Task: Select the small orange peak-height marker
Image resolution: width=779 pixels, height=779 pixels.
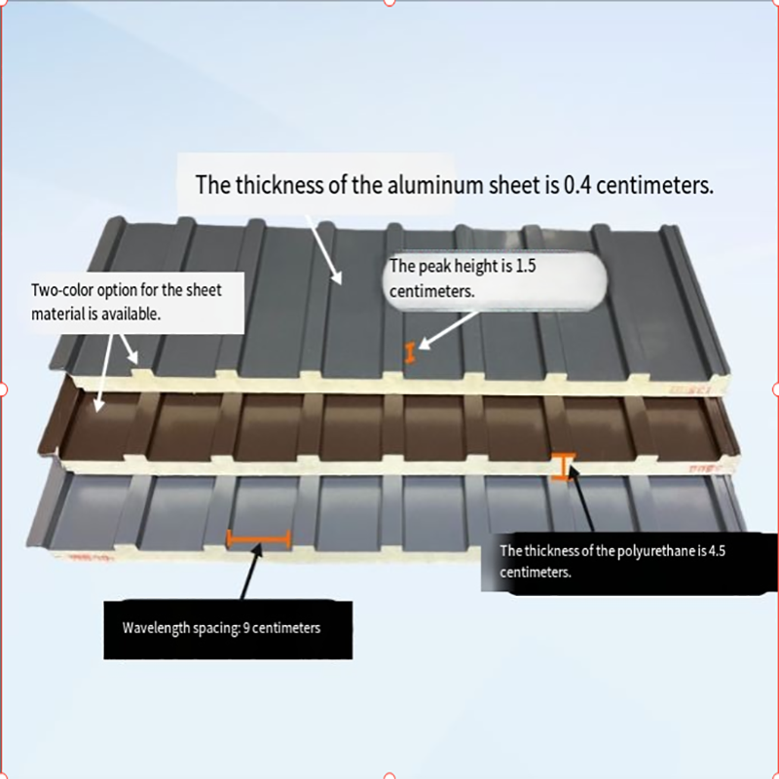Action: point(411,353)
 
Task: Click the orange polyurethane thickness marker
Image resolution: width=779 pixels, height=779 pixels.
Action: point(564,467)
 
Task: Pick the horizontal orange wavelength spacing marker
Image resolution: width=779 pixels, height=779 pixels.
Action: point(258,538)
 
